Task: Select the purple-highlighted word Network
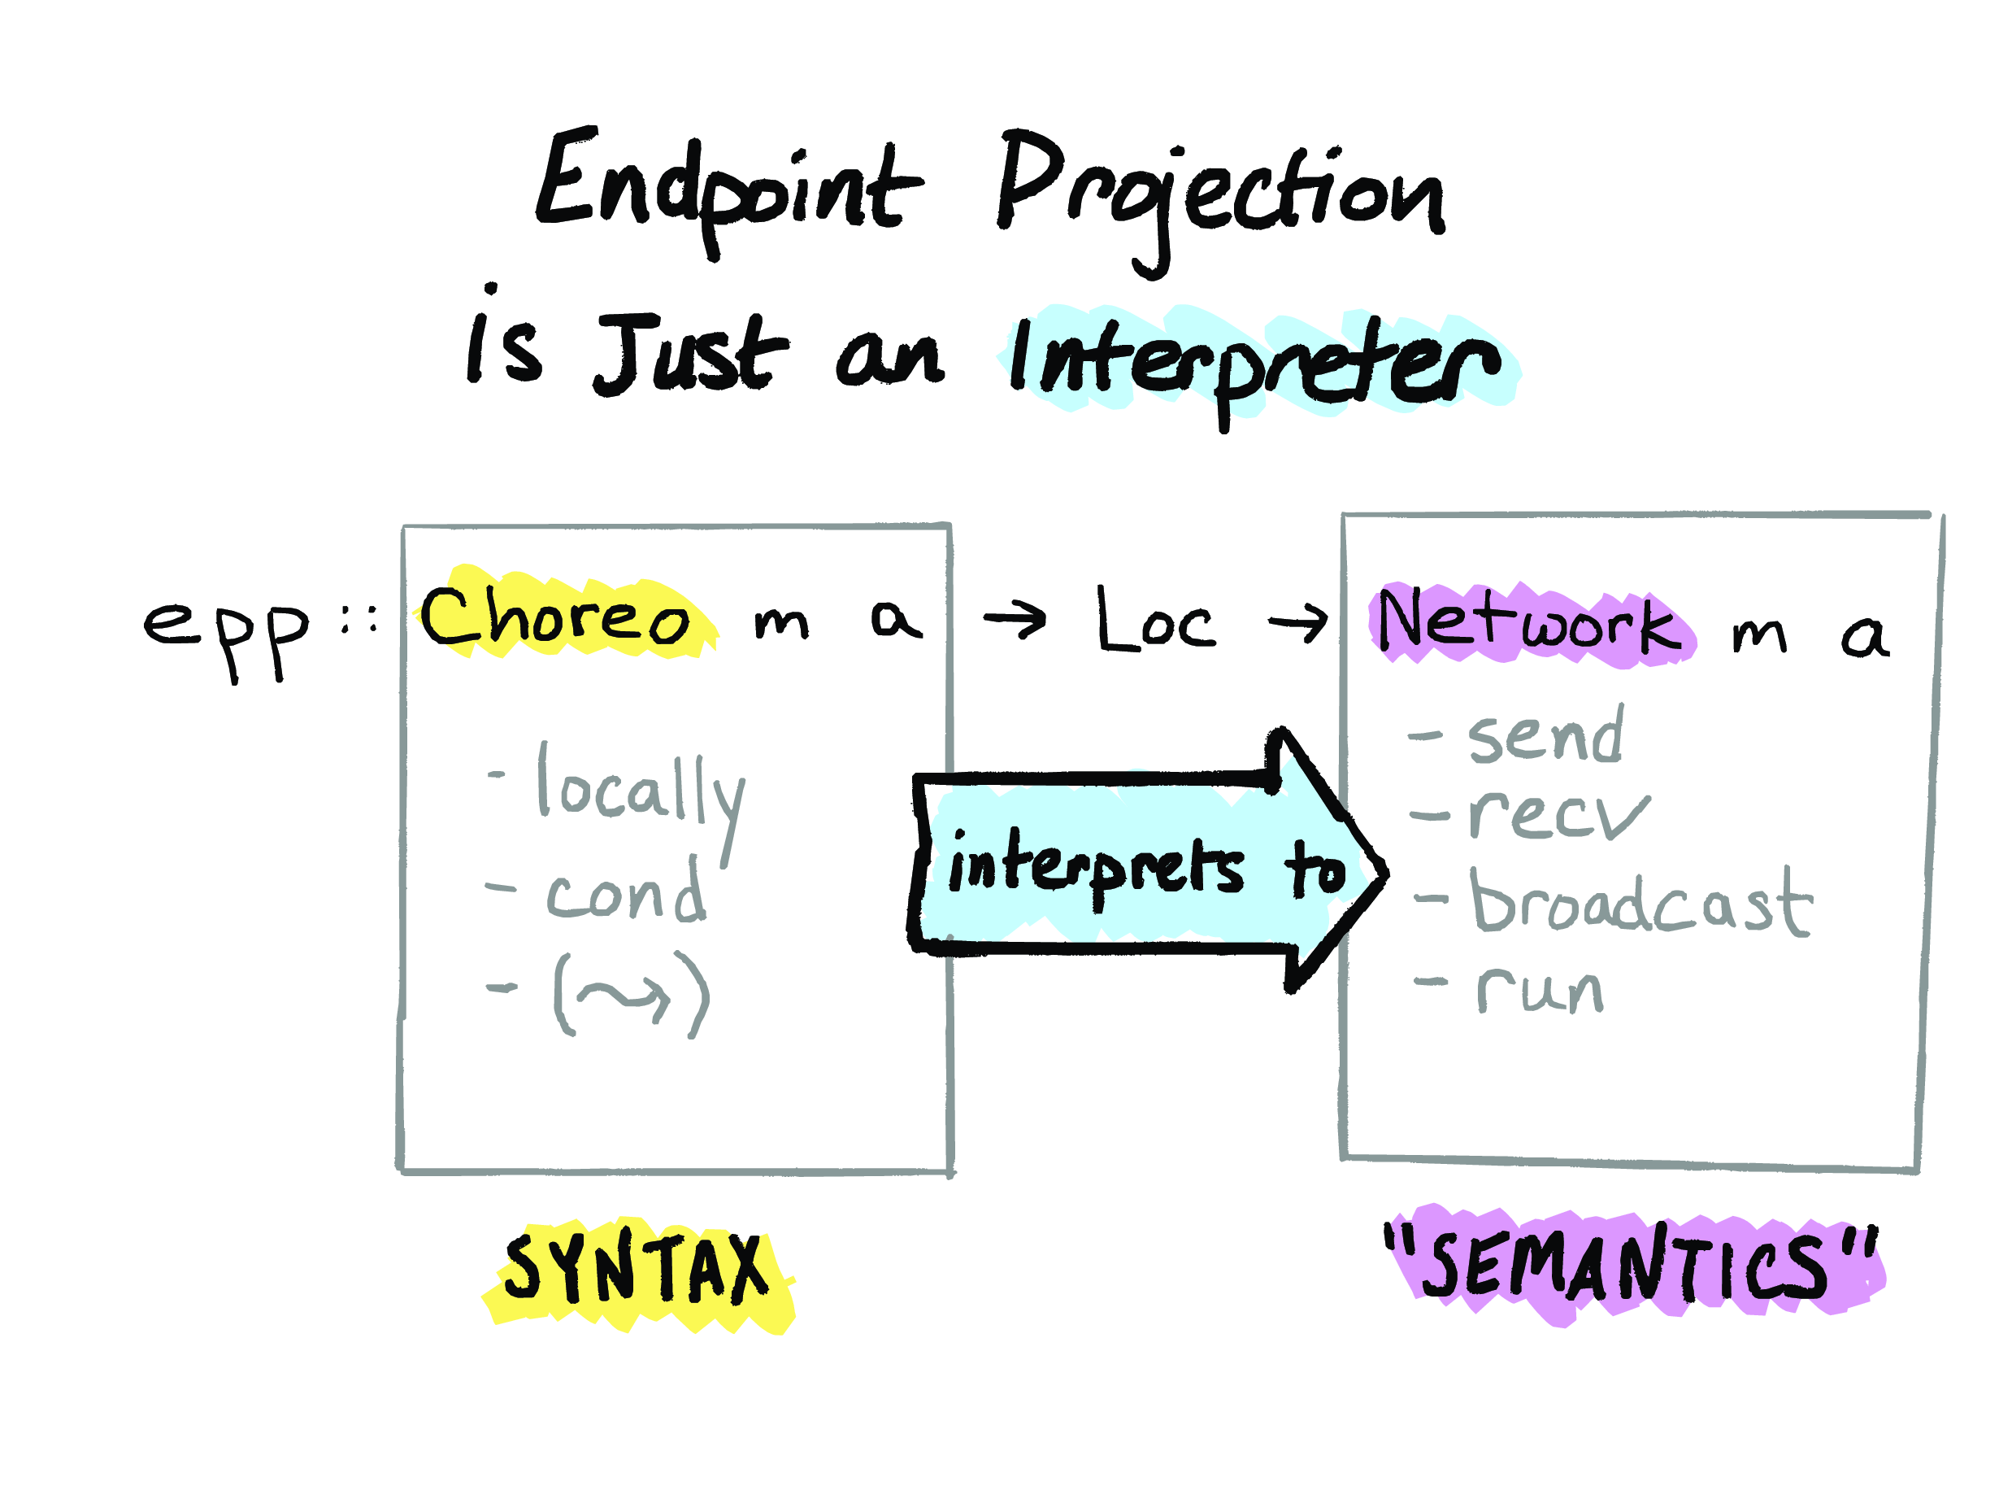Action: click(1529, 623)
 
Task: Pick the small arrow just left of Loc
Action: click(1015, 621)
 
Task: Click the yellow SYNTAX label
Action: click(637, 1270)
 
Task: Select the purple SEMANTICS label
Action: click(1628, 1265)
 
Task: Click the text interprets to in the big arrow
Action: click(1146, 869)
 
